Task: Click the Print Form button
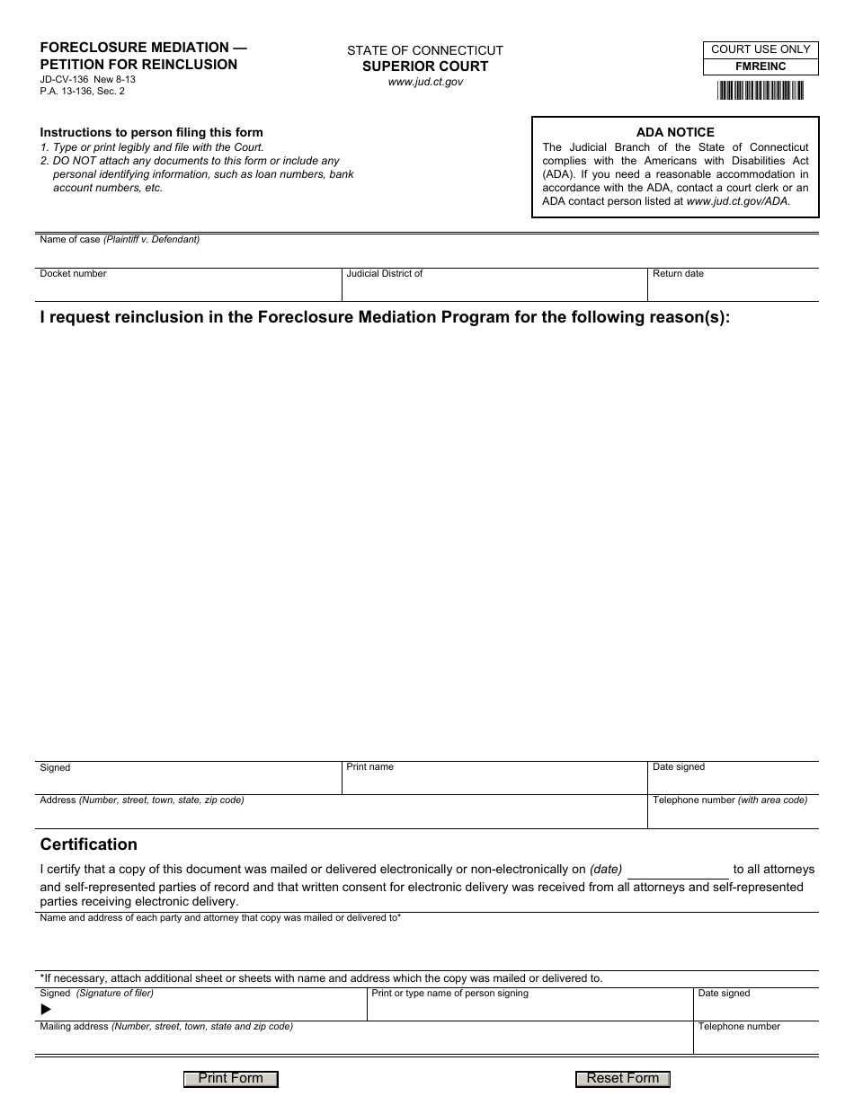point(231,1079)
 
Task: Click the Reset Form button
point(623,1079)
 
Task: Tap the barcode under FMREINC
point(761,91)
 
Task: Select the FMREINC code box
point(761,66)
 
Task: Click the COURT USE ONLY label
point(761,49)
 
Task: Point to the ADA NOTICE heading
point(675,132)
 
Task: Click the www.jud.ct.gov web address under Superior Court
point(425,82)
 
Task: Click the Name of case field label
point(120,240)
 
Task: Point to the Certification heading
point(89,844)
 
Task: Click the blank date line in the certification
point(678,871)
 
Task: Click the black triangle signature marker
point(47,1010)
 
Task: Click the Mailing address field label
point(166,1026)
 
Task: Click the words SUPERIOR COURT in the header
point(425,66)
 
